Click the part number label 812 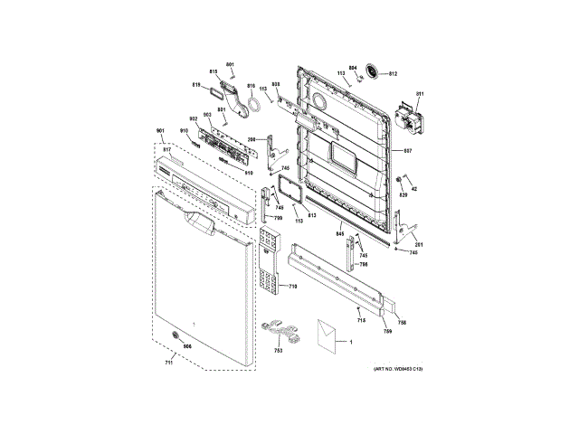394,73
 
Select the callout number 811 420,94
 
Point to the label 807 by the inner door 408,149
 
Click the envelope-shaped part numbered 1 326,331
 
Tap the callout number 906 187,347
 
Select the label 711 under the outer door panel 168,363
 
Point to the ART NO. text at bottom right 398,369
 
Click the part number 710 293,287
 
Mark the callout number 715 361,321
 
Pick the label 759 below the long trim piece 386,331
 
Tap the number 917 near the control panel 167,149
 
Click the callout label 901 161,132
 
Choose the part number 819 195,85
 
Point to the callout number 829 403,194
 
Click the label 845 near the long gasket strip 340,234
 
